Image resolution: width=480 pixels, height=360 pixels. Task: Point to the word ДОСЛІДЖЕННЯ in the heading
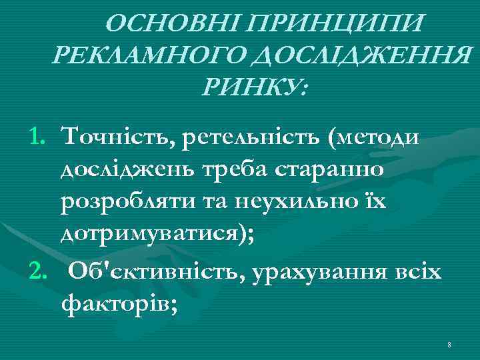[354, 55]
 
